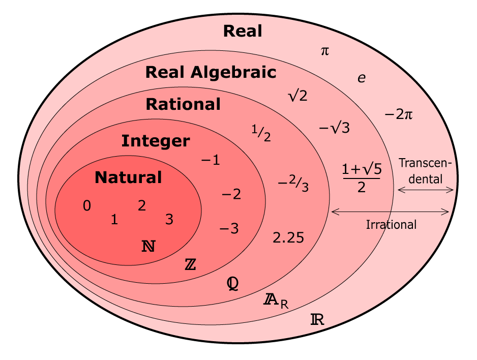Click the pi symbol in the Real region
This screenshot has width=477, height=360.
coord(325,51)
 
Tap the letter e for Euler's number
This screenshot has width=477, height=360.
coord(362,78)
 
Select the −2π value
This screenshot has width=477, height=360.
coord(399,114)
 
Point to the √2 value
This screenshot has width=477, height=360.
coord(298,96)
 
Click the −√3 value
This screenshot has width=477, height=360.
coord(334,128)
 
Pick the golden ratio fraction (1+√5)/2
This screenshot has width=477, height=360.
coord(362,178)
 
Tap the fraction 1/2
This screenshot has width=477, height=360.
coord(261,133)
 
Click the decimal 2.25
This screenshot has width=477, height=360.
coord(288,237)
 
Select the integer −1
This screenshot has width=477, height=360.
coord(211,160)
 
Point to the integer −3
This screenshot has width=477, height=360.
coord(229,228)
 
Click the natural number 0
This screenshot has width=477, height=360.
coord(86,206)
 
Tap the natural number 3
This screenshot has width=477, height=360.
coord(169,219)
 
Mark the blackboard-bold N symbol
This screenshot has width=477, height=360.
coord(148,246)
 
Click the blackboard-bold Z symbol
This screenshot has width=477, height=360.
coord(190,264)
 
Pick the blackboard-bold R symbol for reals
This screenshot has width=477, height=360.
coord(317,319)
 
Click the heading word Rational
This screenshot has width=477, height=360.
coord(183,104)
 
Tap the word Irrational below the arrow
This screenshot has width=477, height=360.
coord(391,225)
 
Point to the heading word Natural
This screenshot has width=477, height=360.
coord(128,177)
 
